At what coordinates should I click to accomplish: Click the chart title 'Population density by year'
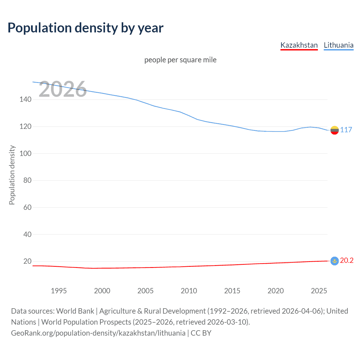[x=85, y=28]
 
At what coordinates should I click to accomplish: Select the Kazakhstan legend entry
[x=299, y=45]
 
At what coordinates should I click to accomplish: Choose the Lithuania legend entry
[x=338, y=45]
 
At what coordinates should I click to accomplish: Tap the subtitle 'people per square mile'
[x=180, y=60]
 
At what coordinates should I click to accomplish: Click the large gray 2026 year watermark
[x=63, y=89]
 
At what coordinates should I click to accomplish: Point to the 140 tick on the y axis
[x=25, y=100]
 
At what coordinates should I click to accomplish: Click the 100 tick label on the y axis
[x=25, y=154]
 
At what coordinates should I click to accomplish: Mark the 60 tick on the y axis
[x=27, y=208]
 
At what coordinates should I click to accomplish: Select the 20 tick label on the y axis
[x=27, y=261]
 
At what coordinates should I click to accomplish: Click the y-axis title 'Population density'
[x=12, y=175]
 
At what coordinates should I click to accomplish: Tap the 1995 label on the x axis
[x=59, y=291]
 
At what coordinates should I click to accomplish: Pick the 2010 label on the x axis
[x=189, y=291]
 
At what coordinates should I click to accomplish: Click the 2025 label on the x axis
[x=319, y=291]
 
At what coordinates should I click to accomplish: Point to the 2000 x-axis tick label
[x=102, y=291]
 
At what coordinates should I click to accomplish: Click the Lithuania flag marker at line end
[x=334, y=130]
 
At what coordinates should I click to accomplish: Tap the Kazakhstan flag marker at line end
[x=334, y=261]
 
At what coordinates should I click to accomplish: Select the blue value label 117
[x=346, y=130]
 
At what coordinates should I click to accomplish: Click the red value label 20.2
[x=347, y=261]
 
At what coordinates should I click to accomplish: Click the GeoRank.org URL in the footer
[x=98, y=333]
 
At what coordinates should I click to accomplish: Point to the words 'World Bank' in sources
[x=75, y=311]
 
